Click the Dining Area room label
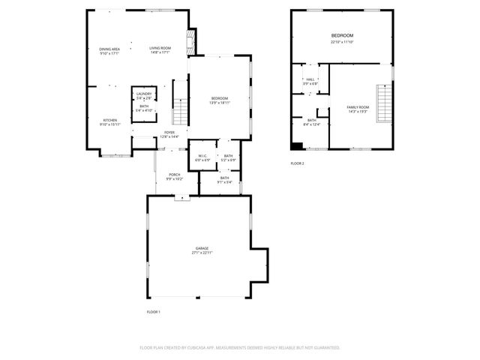tap(109, 50)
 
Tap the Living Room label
tap(160, 50)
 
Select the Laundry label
tap(144, 95)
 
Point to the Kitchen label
tap(109, 122)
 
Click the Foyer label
tap(170, 135)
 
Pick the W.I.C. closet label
tap(203, 157)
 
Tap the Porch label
tap(174, 176)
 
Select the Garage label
tap(202, 250)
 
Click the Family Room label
tap(358, 109)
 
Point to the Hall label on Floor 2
tap(310, 81)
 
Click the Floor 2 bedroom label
tap(342, 37)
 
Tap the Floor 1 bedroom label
tap(219, 100)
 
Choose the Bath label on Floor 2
tap(311, 121)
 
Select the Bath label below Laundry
tap(144, 108)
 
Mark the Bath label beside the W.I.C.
tap(228, 157)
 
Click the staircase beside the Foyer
tap(180, 112)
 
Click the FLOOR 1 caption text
tap(152, 311)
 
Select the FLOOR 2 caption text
tap(297, 163)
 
